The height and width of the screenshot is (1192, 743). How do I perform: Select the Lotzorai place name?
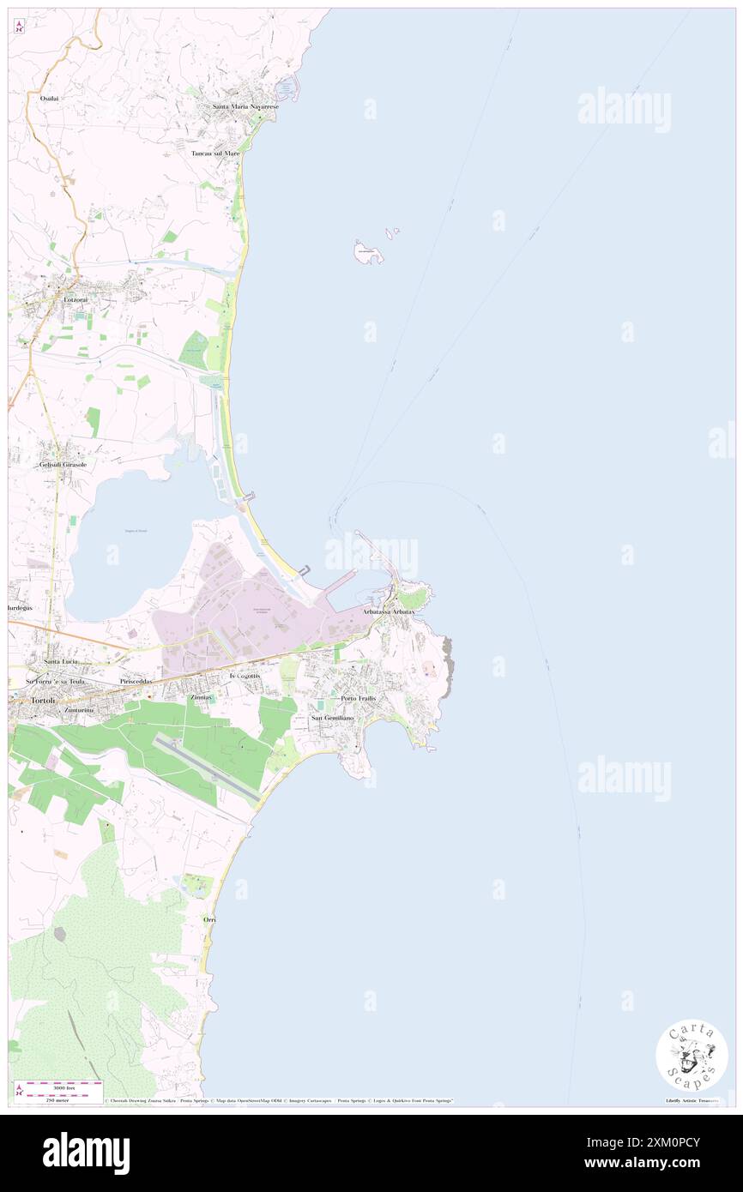coord(75,299)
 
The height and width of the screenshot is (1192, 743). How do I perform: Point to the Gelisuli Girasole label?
coord(63,464)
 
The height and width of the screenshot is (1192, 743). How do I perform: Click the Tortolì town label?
coord(43,700)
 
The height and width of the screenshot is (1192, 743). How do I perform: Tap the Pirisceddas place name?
coord(137,681)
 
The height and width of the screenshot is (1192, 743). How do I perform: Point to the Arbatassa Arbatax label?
coord(389,611)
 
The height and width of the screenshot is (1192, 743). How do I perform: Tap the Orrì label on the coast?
coord(209,919)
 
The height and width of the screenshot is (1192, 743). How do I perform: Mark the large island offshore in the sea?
coord(369,252)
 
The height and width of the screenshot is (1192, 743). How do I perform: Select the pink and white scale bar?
coord(57,1084)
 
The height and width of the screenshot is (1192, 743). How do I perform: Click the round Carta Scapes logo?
coord(692,1055)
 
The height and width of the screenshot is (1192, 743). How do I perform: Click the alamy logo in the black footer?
coord(87,1153)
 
